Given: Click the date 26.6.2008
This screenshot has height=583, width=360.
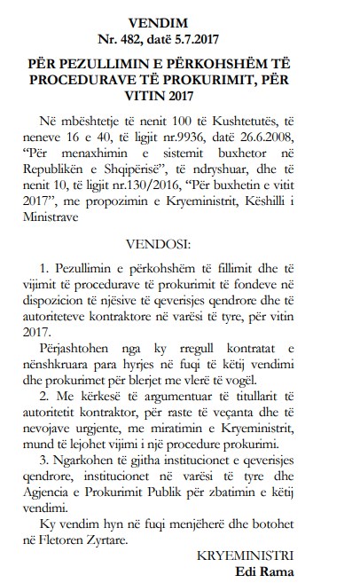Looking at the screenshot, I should pos(286,136).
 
